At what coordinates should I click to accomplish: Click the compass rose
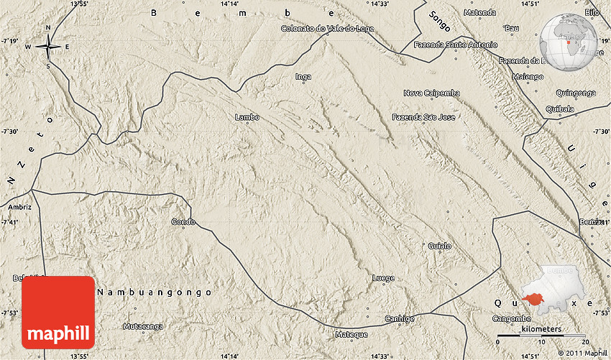pyautogui.click(x=48, y=47)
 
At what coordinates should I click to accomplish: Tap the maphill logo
pyautogui.click(x=58, y=313)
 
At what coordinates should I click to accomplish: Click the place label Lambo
pyautogui.click(x=247, y=116)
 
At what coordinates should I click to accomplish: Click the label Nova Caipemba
pyautogui.click(x=431, y=93)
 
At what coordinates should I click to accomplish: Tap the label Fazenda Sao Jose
pyautogui.click(x=423, y=116)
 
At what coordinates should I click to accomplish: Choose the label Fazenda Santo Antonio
pyautogui.click(x=456, y=45)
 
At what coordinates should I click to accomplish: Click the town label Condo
pyautogui.click(x=183, y=222)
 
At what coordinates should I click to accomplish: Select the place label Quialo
pyautogui.click(x=439, y=246)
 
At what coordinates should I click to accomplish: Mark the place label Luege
pyautogui.click(x=383, y=277)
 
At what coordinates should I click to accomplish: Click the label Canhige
pyautogui.click(x=400, y=318)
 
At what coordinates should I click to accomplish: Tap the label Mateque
pyautogui.click(x=352, y=334)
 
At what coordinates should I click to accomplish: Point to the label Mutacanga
pyautogui.click(x=143, y=326)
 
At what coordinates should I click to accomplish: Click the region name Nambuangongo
pyautogui.click(x=155, y=292)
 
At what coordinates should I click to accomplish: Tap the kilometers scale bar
pyautogui.click(x=543, y=334)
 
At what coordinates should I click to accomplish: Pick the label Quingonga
pyautogui.click(x=576, y=93)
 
